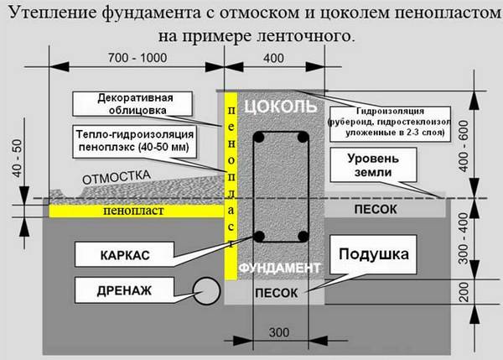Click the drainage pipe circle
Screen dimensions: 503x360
[x=206, y=291]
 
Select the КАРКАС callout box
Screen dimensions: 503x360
[x=124, y=254]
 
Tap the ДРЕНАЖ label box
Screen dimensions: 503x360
[x=124, y=290]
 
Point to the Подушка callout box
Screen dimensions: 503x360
[x=373, y=254]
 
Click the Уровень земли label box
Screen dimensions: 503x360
[x=373, y=165]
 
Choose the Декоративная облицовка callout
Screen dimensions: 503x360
[x=132, y=104]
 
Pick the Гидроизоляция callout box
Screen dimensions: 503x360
[x=390, y=124]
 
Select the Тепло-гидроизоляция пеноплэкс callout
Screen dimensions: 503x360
[x=134, y=142]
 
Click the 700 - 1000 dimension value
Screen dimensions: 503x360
[x=137, y=58]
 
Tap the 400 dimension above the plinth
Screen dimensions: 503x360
[x=273, y=58]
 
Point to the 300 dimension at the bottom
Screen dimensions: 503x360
[x=279, y=332]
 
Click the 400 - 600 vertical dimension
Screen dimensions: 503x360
[x=464, y=146]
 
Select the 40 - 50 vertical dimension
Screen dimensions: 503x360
[x=18, y=158]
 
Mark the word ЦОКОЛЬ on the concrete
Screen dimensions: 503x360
[x=281, y=107]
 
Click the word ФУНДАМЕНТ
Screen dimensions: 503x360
[x=279, y=268]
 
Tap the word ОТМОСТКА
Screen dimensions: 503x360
[x=117, y=177]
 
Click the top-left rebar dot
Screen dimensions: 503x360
[x=258, y=138]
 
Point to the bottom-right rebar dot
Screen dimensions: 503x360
[x=303, y=237]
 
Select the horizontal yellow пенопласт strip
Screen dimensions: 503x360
[x=137, y=211]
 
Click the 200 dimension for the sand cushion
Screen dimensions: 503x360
[x=464, y=291]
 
